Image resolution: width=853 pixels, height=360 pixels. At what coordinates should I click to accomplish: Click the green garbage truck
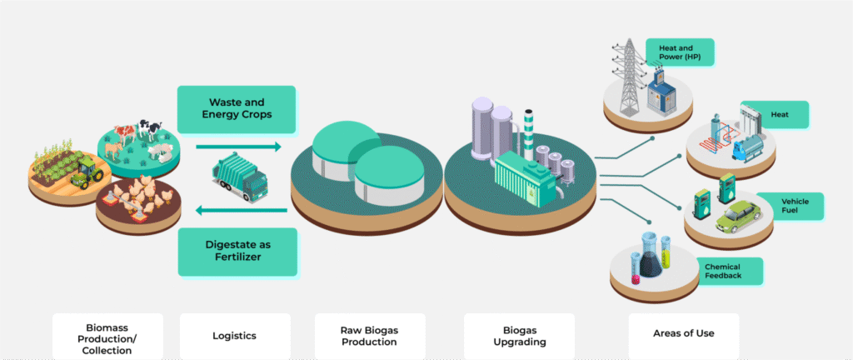(x=240, y=177)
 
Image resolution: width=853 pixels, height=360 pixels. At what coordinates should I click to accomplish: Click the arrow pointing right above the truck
(x=238, y=147)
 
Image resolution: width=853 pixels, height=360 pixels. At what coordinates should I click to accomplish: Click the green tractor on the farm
(x=86, y=173)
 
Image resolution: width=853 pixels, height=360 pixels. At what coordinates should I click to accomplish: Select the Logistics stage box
(x=235, y=335)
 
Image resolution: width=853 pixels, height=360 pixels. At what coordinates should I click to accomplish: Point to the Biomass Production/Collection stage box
(x=107, y=335)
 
